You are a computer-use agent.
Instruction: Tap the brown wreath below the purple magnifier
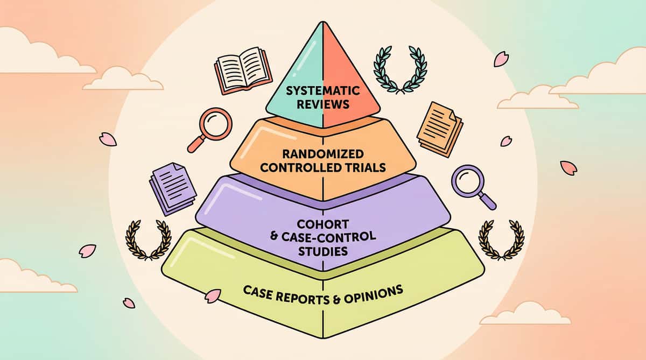501,239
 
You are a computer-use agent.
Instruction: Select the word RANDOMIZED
322,154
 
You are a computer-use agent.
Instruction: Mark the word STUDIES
321,251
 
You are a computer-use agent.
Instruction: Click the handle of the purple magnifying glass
487,200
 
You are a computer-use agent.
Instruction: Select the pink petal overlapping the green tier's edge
213,295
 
